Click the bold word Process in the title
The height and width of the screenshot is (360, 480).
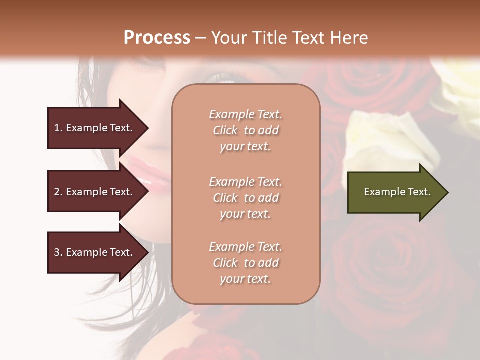[157, 38]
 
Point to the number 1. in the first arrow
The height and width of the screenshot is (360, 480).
[58, 128]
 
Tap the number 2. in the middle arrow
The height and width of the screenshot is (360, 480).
[58, 192]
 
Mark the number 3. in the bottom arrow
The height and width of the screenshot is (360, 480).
[58, 252]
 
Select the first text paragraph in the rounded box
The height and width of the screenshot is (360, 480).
[245, 130]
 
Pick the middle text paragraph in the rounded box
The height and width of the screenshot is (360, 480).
[245, 198]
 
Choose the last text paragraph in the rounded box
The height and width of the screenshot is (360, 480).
[245, 263]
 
